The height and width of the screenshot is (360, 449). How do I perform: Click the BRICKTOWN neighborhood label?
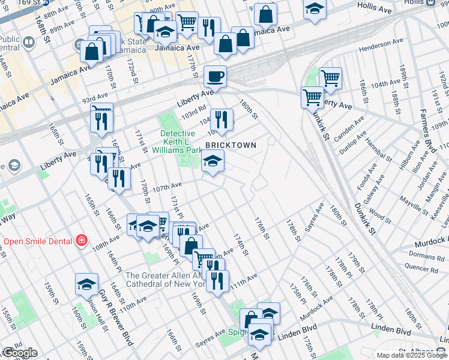(231, 146)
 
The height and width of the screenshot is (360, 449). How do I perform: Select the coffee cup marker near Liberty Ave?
(215, 77)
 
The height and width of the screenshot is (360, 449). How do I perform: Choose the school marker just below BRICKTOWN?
(212, 161)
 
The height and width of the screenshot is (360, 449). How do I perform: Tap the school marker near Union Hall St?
(86, 284)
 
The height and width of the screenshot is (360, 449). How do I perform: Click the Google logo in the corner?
(19, 353)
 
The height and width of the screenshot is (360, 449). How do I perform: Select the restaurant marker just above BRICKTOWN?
(221, 119)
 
